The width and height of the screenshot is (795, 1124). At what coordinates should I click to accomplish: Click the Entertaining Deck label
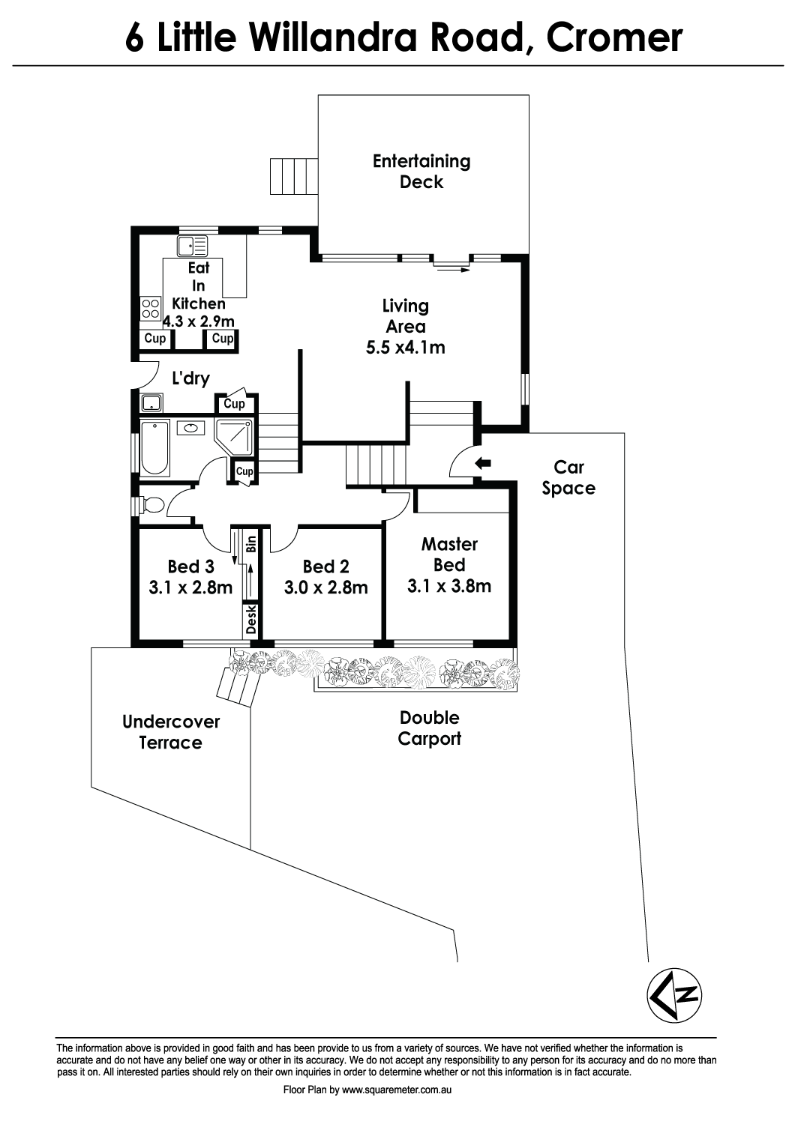point(421,171)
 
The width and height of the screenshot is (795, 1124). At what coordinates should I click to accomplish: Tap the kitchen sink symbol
point(192,246)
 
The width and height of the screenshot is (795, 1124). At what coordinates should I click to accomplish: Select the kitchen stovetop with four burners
point(151,308)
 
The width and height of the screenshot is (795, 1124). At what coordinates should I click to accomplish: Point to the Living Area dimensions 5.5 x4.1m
point(405,347)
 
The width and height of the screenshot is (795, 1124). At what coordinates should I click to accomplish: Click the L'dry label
point(190,378)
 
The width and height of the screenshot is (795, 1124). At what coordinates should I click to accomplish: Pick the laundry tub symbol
point(151,403)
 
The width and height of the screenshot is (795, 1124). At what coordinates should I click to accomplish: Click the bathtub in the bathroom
point(154,448)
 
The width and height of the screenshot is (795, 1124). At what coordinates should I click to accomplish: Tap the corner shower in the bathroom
point(233,437)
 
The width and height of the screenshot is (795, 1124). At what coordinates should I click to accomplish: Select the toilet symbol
point(150,505)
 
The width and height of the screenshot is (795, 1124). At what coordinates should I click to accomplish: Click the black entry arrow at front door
point(482,463)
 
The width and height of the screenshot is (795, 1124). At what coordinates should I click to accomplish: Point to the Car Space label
point(568,477)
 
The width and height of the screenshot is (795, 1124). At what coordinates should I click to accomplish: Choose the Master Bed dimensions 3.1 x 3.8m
point(449,585)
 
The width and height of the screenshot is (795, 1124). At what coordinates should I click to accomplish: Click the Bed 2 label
point(325,566)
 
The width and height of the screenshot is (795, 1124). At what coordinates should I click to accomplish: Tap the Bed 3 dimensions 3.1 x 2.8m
point(190,587)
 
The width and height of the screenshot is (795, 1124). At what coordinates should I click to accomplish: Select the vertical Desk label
point(251,619)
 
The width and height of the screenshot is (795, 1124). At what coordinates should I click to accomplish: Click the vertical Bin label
point(251,544)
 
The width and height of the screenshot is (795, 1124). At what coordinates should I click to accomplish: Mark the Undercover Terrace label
point(171,732)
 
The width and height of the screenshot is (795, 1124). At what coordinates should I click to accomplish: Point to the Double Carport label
point(430,728)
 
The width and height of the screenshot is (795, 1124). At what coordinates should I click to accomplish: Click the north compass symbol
point(674,996)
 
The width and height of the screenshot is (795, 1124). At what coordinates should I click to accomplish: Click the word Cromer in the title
point(614,37)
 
